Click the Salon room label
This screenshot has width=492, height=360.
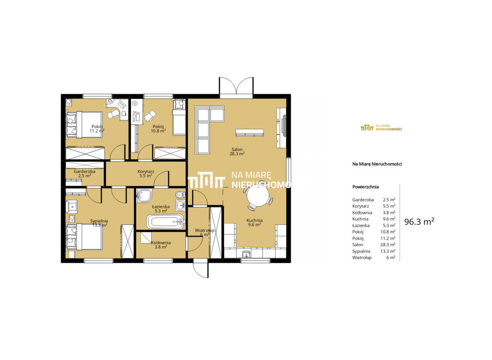(237, 150)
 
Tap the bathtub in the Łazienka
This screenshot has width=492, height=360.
(165, 222)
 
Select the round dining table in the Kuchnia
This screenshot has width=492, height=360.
(258, 198)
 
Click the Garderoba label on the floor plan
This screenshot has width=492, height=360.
(85, 171)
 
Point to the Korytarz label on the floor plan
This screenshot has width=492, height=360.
(146, 171)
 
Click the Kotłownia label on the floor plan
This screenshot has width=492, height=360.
(160, 242)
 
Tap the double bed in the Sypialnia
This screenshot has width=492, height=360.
(85, 236)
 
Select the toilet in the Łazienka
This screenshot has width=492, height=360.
(180, 194)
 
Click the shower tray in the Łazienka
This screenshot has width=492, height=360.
(144, 196)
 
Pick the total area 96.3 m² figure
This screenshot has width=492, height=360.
(419, 222)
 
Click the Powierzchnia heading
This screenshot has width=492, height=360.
(366, 187)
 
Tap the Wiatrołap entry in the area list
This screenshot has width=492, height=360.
(362, 257)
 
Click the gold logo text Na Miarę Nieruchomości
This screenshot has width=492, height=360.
(389, 128)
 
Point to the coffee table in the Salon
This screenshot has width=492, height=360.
(250, 132)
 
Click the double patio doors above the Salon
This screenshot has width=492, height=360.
(236, 86)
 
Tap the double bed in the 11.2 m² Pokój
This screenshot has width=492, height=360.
(85, 124)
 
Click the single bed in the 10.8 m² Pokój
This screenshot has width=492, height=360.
(179, 117)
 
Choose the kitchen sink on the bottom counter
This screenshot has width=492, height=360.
(246, 253)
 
